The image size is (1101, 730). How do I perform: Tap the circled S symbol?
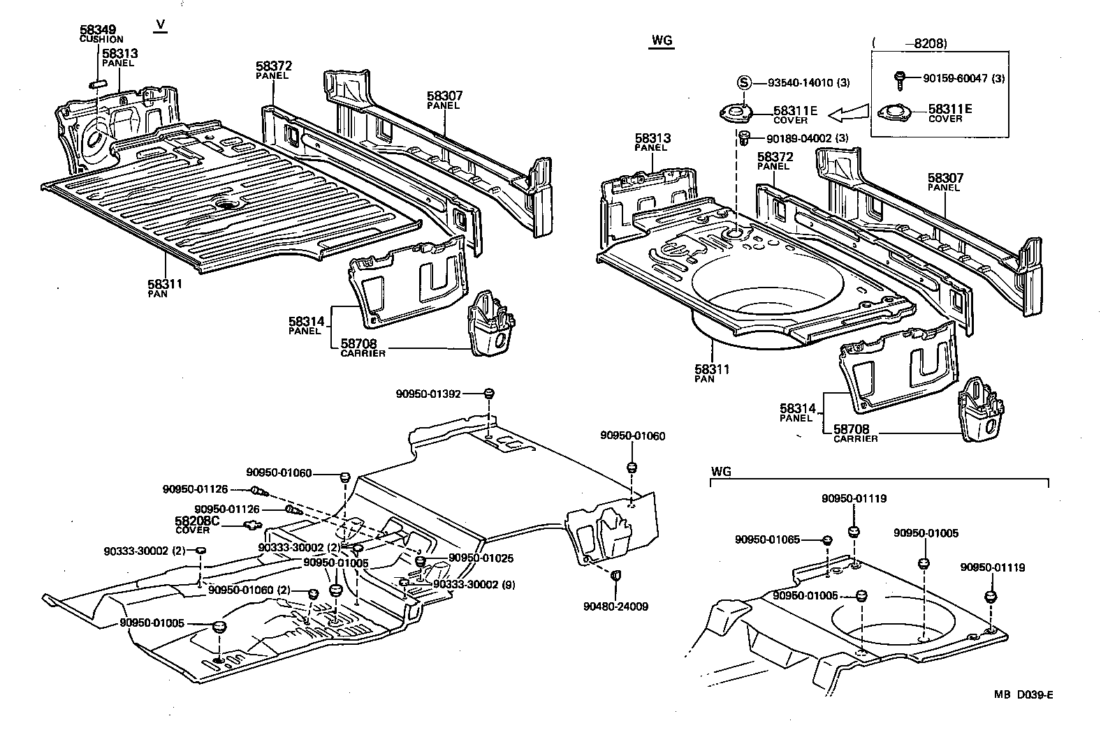click(x=744, y=82)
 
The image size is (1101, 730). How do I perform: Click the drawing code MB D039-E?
click(x=1023, y=694)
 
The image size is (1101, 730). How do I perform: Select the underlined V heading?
click(x=160, y=25)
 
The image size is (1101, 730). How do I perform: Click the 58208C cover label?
click(x=196, y=521)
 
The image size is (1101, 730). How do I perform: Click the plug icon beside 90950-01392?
click(x=489, y=393)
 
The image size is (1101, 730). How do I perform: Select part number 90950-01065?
click(x=767, y=539)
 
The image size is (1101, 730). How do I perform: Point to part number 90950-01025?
click(x=481, y=558)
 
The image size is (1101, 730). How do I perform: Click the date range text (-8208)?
click(x=910, y=43)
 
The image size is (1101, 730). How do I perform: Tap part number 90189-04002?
click(x=799, y=138)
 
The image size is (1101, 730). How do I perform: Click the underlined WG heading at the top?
click(x=660, y=40)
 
